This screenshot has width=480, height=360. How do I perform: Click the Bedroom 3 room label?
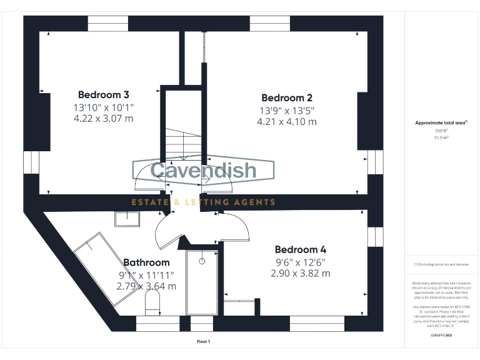point(103,95)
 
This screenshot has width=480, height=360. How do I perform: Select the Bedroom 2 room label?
point(286,98)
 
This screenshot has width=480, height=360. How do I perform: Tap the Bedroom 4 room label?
point(300,250)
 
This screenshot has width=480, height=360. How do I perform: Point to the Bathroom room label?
point(146,263)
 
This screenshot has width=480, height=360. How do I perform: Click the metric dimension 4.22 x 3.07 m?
point(103,118)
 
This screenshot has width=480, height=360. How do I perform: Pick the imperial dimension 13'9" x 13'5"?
point(286,111)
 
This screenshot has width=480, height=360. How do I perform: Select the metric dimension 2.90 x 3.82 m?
point(300,274)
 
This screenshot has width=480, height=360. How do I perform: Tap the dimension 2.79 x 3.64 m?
point(146,286)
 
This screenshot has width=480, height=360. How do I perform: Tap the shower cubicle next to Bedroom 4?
point(202,282)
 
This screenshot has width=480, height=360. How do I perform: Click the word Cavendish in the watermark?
point(203,170)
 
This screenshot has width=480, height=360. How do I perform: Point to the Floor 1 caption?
point(203,342)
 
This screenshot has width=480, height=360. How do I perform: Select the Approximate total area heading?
point(441,123)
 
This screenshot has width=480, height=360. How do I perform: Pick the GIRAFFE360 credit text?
point(441,336)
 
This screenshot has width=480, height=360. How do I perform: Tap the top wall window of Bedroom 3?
point(108,24)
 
